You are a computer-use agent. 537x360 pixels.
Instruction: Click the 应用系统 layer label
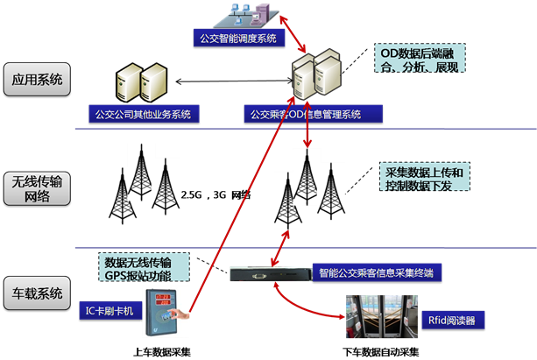[x=38, y=81]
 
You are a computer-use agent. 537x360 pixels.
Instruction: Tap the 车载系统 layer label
[x=38, y=292]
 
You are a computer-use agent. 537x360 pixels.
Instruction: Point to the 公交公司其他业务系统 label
[x=145, y=114]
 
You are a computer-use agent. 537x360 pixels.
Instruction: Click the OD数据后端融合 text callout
[x=419, y=59]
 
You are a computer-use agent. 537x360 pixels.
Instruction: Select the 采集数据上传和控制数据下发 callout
[x=425, y=179]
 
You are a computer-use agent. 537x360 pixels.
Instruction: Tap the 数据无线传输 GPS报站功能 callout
[x=138, y=267]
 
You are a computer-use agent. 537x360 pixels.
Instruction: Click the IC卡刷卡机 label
[x=110, y=309]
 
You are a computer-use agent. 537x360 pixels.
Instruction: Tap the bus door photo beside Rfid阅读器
[x=381, y=316]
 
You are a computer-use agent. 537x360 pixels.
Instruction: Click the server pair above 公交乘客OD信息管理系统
[x=316, y=76]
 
